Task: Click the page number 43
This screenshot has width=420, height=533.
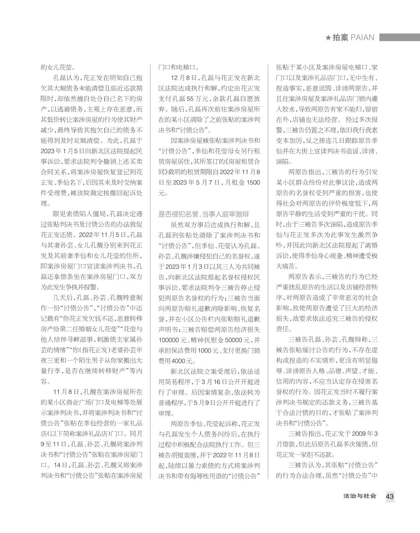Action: pyautogui.click(x=390, y=496)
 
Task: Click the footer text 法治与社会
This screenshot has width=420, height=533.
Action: pyautogui.click(x=360, y=496)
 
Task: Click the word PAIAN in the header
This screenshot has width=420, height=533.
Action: pyautogui.click(x=362, y=38)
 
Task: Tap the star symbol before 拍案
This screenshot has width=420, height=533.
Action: pyautogui.click(x=328, y=38)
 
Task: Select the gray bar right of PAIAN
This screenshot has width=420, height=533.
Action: pyautogui.click(x=399, y=37)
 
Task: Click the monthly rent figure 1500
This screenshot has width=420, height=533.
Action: pyautogui.click(x=252, y=183)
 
